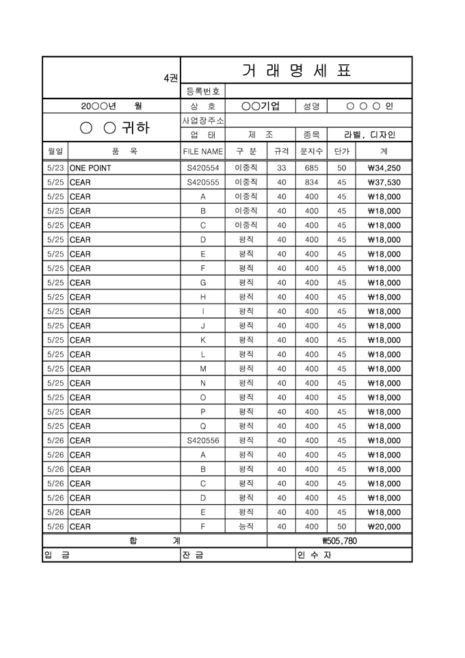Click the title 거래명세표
pyautogui.click(x=296, y=70)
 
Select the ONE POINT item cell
pyautogui.click(x=90, y=168)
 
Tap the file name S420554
pyautogui.click(x=203, y=168)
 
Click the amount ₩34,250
pyautogui.click(x=384, y=168)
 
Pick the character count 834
pyautogui.click(x=311, y=183)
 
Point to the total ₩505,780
pyautogui.click(x=339, y=541)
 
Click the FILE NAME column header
pyautogui.click(x=203, y=151)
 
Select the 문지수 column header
pyautogui.click(x=311, y=151)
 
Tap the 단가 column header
pyautogui.click(x=342, y=151)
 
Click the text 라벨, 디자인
pyautogui.click(x=369, y=135)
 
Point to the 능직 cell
pyautogui.click(x=246, y=526)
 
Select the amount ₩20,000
pyautogui.click(x=384, y=527)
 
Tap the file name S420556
pyautogui.click(x=203, y=440)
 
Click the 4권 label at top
pyautogui.click(x=170, y=79)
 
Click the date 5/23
pyautogui.click(x=55, y=168)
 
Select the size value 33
pyautogui.click(x=281, y=168)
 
